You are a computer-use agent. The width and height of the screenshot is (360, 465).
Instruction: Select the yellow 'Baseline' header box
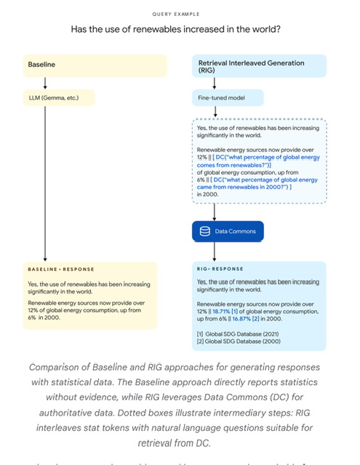point(89,65)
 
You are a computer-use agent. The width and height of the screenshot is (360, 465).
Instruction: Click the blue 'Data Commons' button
point(228,231)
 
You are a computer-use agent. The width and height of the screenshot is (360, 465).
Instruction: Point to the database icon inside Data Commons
point(204,231)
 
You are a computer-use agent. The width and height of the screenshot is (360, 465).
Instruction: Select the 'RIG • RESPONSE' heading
point(221,269)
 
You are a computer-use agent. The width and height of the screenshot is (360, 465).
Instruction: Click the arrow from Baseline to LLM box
point(46,82)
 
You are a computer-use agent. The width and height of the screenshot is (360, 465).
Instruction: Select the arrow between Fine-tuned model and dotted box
point(215,113)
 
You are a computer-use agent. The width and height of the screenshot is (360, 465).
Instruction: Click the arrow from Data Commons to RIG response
point(215,251)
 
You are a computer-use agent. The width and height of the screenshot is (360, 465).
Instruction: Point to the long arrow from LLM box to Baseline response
point(46,182)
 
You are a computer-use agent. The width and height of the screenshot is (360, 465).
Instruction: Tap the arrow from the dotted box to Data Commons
point(215,211)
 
